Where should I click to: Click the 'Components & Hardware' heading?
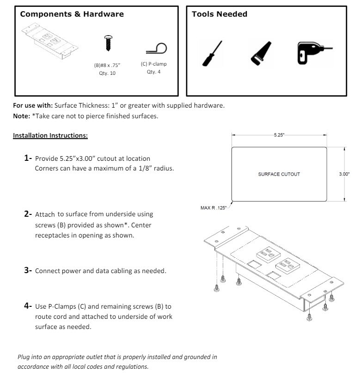[72, 14]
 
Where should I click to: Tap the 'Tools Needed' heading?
[219, 14]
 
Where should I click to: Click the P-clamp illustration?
[156, 48]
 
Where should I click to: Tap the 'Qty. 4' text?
[153, 71]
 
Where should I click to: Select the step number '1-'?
[28, 159]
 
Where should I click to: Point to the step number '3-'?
[28, 270]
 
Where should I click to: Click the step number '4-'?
[28, 306]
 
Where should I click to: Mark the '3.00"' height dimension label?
[345, 174]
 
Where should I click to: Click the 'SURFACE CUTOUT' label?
[279, 174]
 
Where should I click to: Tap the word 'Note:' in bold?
[21, 116]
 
